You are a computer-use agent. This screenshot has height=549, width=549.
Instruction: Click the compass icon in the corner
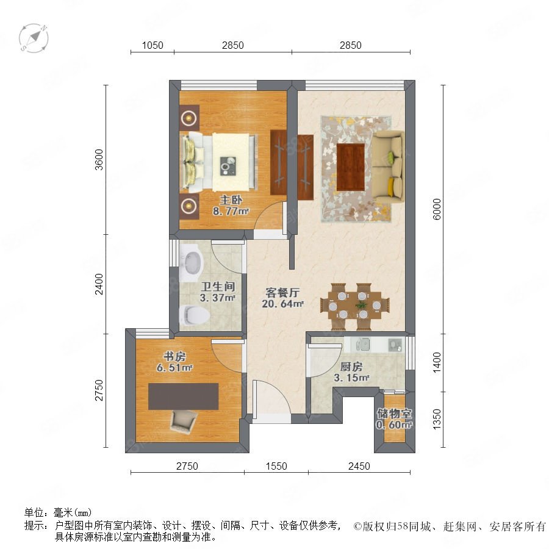click(34, 37)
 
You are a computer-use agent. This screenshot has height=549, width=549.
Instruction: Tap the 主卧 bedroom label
click(231, 200)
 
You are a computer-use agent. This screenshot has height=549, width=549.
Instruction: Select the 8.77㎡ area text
click(231, 211)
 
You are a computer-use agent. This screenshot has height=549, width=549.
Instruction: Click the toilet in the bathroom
click(194, 315)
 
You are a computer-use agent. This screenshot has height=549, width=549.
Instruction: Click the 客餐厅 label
click(282, 292)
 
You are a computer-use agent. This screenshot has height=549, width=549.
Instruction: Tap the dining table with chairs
click(354, 306)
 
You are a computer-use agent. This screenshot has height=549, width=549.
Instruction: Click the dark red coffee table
click(351, 167)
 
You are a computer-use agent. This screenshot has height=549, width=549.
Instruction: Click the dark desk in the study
click(184, 396)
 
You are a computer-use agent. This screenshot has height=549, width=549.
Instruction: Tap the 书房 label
click(174, 357)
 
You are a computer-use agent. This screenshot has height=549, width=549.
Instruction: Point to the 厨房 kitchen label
click(351, 367)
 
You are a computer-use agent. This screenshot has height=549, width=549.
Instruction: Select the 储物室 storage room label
click(394, 414)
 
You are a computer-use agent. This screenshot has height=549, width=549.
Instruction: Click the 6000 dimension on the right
click(437, 209)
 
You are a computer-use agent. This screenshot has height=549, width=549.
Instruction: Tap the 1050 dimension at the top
click(152, 45)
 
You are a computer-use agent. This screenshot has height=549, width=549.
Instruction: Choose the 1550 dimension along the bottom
click(276, 466)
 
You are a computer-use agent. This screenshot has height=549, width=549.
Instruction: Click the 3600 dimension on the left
click(99, 160)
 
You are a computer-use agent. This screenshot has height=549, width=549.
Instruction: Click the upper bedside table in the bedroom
click(190, 118)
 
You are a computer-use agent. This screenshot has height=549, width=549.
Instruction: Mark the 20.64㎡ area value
click(282, 304)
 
